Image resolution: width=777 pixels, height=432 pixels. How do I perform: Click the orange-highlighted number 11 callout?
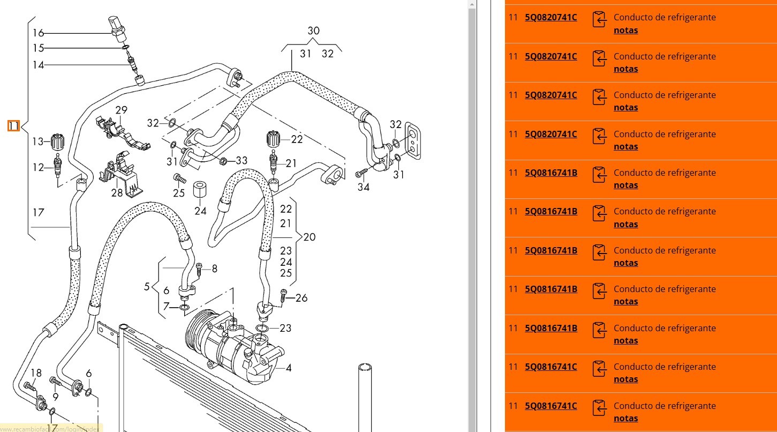[13, 126]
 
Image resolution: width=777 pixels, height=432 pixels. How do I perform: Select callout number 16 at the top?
[38, 33]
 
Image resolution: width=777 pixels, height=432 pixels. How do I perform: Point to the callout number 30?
[313, 31]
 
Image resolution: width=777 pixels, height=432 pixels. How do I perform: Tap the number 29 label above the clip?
[121, 110]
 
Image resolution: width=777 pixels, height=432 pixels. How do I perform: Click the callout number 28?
[117, 192]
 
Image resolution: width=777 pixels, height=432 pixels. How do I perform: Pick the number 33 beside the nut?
[242, 160]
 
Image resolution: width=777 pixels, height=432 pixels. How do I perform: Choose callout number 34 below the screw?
[364, 187]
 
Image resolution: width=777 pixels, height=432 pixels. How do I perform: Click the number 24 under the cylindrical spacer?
[200, 211]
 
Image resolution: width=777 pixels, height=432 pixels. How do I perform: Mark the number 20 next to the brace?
[310, 237]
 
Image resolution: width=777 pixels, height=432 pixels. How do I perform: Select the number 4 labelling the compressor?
[289, 368]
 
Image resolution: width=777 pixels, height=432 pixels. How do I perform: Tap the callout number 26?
[301, 298]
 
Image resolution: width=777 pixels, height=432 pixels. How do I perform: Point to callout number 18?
[36, 374]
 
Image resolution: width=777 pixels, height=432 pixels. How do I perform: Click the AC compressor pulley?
[195, 335]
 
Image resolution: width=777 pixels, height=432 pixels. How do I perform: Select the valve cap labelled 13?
[58, 141]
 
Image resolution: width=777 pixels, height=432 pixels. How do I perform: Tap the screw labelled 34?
[360, 173]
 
